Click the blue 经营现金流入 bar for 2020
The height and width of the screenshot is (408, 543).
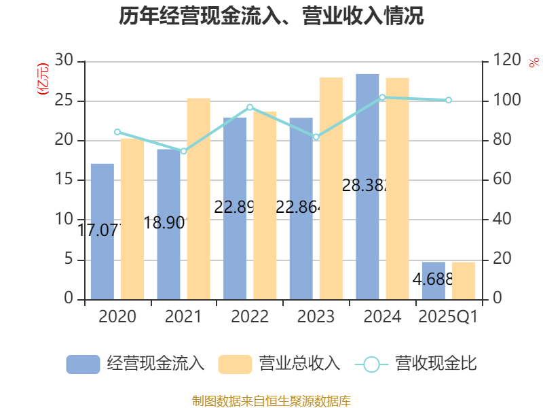point(102,231)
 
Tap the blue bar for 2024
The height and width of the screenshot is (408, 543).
point(367,186)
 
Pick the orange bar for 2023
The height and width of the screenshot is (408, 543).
point(331,188)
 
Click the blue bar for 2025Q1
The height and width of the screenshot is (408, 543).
point(433,280)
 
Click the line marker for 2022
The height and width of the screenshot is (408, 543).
point(250,107)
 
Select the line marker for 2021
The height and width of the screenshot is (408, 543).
point(183,151)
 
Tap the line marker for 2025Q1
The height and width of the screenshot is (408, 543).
point(449,100)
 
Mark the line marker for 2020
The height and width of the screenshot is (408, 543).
point(117,132)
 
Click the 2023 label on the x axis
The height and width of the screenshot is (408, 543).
point(316,317)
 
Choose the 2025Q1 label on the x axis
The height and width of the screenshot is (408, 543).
point(449,317)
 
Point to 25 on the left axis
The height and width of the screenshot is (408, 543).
point(64,101)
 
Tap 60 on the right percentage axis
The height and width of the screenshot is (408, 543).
point(502,180)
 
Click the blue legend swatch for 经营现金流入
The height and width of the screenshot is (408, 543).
point(83,364)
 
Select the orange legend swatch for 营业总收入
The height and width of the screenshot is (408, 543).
point(235,364)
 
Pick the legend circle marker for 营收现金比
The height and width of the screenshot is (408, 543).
point(371,364)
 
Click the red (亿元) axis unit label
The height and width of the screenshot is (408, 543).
point(43,78)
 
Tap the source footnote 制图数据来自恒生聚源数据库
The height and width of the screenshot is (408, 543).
point(271,401)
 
